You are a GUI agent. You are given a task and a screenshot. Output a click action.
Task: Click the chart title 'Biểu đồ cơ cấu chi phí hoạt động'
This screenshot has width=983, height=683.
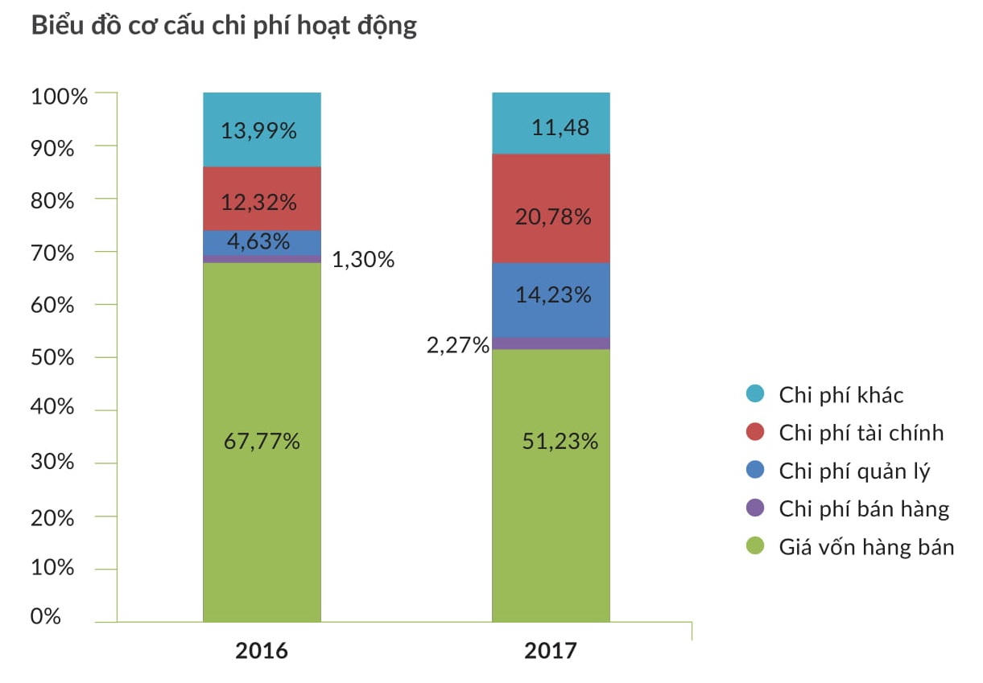224,26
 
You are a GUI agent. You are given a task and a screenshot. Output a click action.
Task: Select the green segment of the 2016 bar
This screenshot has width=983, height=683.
262,515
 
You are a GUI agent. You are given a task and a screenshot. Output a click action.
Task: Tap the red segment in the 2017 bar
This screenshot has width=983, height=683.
551,185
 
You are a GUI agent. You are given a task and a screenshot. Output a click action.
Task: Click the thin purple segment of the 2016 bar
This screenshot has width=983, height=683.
262,259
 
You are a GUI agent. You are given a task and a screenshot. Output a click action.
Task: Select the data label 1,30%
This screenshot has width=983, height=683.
363,260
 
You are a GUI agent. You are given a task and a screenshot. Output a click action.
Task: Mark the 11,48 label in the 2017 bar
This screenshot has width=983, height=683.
560,127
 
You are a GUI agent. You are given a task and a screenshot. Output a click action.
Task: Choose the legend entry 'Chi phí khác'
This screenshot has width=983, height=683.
841,395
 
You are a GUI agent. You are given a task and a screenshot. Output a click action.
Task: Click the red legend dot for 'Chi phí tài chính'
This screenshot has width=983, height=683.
754,433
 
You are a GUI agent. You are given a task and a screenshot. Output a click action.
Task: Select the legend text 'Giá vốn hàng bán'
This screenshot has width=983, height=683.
866,548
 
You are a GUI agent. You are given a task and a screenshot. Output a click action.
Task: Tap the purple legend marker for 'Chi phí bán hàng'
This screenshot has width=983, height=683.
754,508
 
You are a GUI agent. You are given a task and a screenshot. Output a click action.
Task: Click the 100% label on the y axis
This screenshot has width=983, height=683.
58,97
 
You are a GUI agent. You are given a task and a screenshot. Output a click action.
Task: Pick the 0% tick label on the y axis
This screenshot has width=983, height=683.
47,616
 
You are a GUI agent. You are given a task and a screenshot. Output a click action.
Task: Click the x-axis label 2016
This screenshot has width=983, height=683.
261,650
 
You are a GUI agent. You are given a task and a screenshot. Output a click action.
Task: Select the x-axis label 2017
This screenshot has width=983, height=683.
551,650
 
